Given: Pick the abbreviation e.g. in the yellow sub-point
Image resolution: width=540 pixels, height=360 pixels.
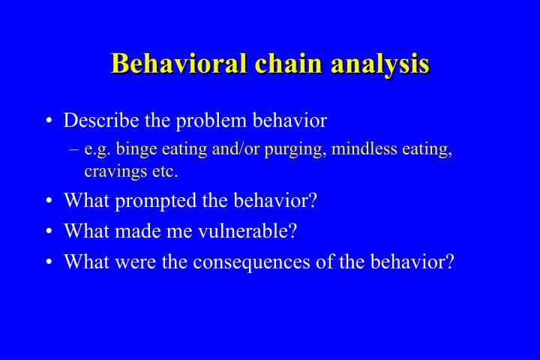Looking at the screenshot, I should click(x=98, y=149).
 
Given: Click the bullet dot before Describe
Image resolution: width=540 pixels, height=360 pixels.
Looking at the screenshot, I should click(x=49, y=121).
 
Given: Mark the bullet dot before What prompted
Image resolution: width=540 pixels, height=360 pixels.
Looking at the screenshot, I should click(x=49, y=202).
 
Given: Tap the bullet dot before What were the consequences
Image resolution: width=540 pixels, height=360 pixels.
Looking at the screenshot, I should click(x=49, y=263).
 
